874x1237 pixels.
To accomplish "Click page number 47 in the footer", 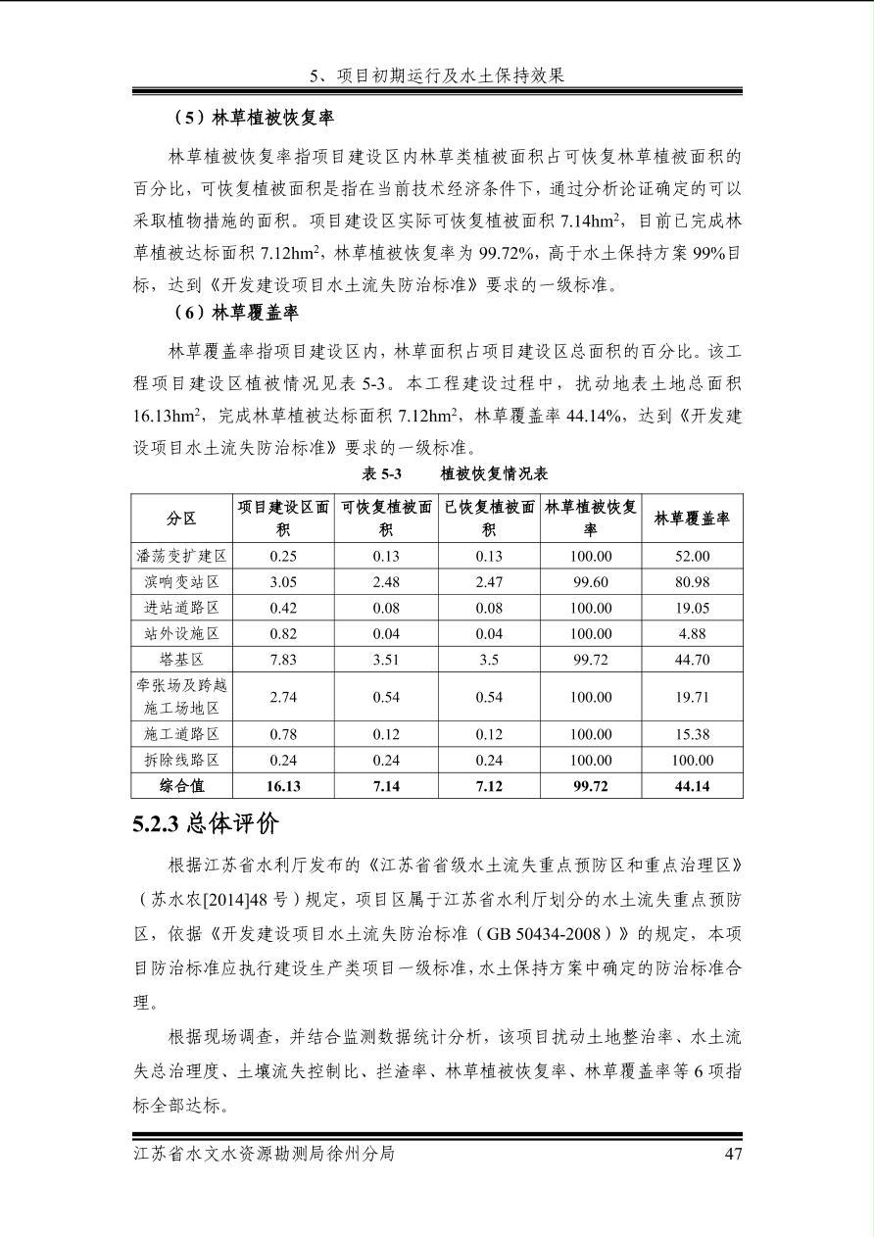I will pyautogui.click(x=733, y=1154).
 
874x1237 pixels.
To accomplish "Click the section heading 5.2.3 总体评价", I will pyautogui.click(x=206, y=824).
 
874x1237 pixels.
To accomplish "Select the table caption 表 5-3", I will pyautogui.click(x=382, y=473).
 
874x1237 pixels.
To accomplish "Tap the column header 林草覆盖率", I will pyautogui.click(x=692, y=519).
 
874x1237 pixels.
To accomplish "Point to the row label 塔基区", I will pyautogui.click(x=181, y=660).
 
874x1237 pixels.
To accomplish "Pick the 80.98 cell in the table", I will pyautogui.click(x=692, y=582).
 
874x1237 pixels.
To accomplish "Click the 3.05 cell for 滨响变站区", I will pyautogui.click(x=283, y=582).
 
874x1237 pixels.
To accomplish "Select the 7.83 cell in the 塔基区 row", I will pyautogui.click(x=283, y=660).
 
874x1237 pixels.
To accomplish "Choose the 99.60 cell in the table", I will pyautogui.click(x=591, y=582).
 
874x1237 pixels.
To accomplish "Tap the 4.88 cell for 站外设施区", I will pyautogui.click(x=692, y=634).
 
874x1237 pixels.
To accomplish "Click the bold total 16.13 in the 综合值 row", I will pyautogui.click(x=283, y=786).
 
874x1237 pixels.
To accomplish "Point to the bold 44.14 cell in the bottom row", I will pyautogui.click(x=692, y=786).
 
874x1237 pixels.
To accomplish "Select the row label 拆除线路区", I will pyautogui.click(x=181, y=761).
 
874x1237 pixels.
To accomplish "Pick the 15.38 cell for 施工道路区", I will pyautogui.click(x=692, y=734).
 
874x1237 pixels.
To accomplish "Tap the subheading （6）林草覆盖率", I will pyautogui.click(x=236, y=314).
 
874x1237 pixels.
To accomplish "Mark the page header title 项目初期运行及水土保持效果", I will pyautogui.click(x=450, y=75).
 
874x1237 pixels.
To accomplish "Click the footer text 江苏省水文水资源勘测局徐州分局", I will pyautogui.click(x=264, y=1154).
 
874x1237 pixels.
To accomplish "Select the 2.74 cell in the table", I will pyautogui.click(x=283, y=697).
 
